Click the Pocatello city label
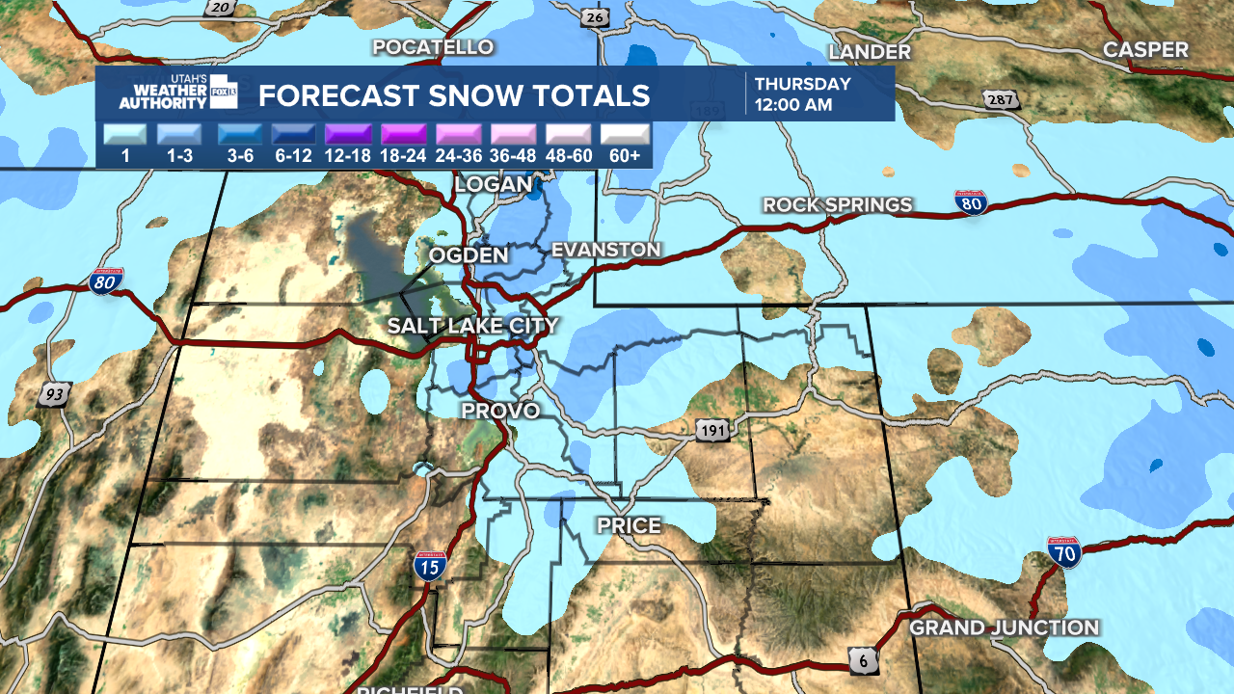click(x=433, y=47)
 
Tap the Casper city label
click(x=1145, y=50)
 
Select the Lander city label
click(x=869, y=52)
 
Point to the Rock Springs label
click(x=837, y=204)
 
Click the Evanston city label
click(x=605, y=250)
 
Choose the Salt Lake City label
click(x=472, y=326)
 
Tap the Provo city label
click(x=499, y=411)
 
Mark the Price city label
click(x=629, y=525)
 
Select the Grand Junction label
click(x=1004, y=627)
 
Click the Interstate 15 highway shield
click(x=430, y=565)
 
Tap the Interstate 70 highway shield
click(x=1064, y=552)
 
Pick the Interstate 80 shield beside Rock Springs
click(x=971, y=202)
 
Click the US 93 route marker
click(x=55, y=393)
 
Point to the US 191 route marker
click(x=711, y=430)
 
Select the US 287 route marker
click(x=998, y=99)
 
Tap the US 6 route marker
click(x=864, y=658)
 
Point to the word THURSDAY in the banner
click(x=802, y=84)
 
